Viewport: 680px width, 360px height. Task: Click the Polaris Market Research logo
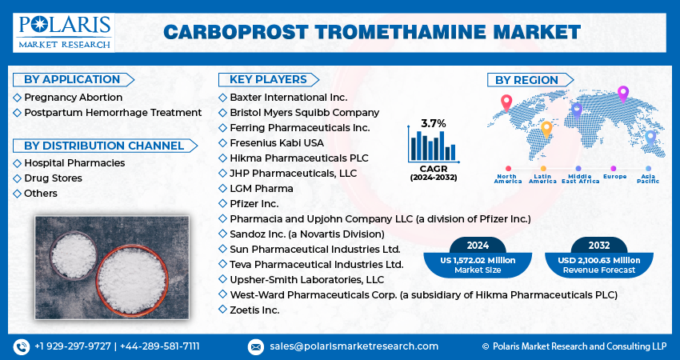(64, 33)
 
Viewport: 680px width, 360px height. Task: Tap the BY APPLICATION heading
(72, 79)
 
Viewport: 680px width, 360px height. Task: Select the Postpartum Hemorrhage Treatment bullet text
(113, 113)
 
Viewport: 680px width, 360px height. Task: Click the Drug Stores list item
(53, 178)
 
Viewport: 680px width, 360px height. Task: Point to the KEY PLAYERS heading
(268, 79)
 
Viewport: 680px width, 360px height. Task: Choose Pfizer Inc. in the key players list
(254, 203)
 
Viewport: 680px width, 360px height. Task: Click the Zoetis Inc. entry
(254, 310)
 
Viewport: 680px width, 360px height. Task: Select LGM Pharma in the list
(262, 189)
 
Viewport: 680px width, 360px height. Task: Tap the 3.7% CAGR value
(434, 124)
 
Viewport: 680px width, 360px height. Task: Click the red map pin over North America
(506, 102)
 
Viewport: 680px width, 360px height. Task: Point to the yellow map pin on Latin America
(547, 130)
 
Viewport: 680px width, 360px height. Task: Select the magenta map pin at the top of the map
(622, 94)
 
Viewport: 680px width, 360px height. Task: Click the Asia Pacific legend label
(648, 178)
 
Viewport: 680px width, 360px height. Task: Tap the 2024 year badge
(478, 246)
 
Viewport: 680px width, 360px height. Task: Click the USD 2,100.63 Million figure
(599, 260)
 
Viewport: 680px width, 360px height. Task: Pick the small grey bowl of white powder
(74, 255)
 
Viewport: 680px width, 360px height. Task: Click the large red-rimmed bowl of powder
(132, 281)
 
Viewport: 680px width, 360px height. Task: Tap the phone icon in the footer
(22, 346)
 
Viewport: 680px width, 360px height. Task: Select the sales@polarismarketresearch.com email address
(354, 346)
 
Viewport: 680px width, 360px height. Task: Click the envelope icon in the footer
(256, 346)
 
